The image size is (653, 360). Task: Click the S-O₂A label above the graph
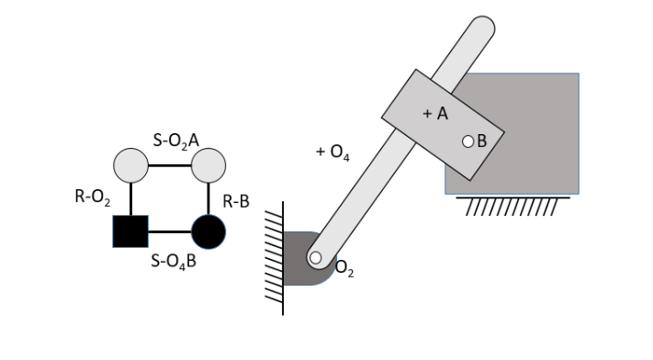(176, 139)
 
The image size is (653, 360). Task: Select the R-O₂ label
(93, 198)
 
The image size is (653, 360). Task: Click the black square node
(130, 231)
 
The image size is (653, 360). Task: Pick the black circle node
(208, 231)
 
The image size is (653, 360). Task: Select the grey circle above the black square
(130, 165)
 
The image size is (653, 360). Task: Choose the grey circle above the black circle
(208, 165)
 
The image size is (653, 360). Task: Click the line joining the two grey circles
(169, 165)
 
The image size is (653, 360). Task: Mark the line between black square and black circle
(169, 231)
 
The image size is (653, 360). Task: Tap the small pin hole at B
(467, 141)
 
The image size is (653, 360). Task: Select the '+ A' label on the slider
(433, 114)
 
